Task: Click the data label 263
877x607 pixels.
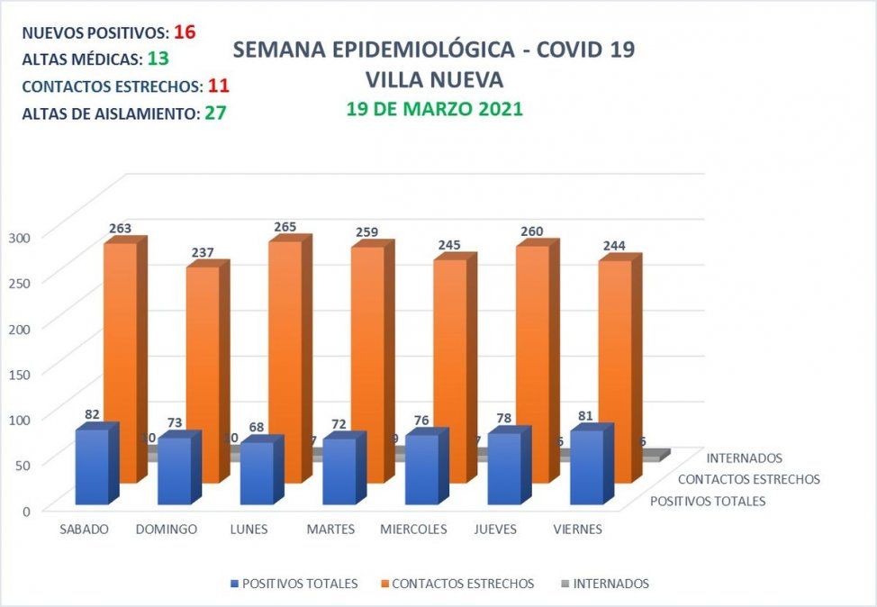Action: (120, 228)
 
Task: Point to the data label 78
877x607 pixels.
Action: (506, 421)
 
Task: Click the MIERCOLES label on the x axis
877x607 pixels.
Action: (413, 529)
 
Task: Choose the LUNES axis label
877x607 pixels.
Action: (249, 529)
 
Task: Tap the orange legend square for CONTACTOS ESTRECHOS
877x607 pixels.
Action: (385, 584)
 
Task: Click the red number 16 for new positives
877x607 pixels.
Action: (185, 32)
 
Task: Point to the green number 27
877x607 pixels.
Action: (214, 113)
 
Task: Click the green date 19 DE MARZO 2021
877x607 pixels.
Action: (435, 109)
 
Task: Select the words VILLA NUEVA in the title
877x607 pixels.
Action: (434, 79)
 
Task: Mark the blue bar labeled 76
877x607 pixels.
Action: (421, 468)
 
